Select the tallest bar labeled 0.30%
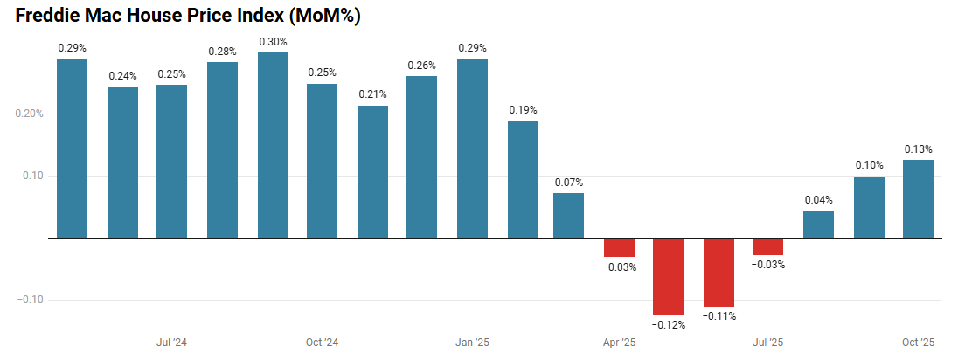[273, 144]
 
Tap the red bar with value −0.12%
[669, 275]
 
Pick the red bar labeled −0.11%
[719, 272]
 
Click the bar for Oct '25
[918, 198]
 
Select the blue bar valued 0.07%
[568, 215]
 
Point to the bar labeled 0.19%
[524, 179]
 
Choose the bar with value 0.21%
[372, 171]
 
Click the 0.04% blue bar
[818, 224]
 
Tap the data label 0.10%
[869, 165]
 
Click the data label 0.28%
[223, 52]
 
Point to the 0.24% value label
[123, 76]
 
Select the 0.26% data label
[422, 66]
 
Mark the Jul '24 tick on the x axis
[171, 342]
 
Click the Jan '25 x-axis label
[473, 342]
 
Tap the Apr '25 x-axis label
[618, 342]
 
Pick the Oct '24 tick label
[322, 342]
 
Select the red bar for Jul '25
[768, 246]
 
